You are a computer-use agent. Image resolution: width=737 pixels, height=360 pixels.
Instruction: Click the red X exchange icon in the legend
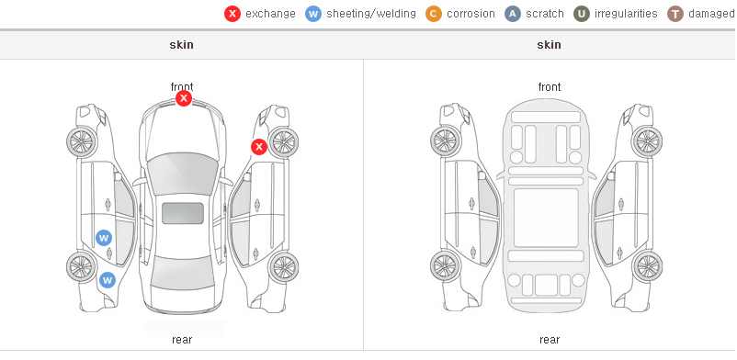(232, 14)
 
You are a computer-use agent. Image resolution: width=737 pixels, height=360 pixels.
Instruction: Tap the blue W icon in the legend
(313, 14)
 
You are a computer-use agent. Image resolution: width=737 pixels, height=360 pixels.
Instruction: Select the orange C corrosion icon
(434, 14)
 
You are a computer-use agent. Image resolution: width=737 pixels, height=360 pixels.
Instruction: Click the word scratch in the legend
(545, 14)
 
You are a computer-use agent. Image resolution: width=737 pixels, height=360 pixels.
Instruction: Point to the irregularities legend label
(626, 14)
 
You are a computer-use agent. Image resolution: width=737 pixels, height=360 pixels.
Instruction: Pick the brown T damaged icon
(675, 14)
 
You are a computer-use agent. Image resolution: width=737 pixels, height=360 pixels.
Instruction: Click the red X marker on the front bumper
(184, 98)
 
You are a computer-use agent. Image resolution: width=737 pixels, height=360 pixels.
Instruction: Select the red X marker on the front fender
(258, 147)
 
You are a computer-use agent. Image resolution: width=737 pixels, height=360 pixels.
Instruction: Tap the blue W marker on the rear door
(104, 237)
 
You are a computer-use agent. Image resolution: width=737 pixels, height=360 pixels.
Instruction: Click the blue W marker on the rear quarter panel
(108, 280)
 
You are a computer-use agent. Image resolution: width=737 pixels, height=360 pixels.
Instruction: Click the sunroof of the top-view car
(183, 213)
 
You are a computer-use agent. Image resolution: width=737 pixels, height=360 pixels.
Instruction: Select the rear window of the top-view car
(182, 273)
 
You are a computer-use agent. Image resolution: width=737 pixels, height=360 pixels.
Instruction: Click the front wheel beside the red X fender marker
(283, 142)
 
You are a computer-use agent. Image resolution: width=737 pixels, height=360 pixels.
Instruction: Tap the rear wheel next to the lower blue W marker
(82, 266)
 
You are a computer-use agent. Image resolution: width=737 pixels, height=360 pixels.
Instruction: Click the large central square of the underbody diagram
(546, 218)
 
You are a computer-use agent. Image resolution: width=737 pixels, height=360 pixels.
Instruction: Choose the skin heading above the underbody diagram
(549, 45)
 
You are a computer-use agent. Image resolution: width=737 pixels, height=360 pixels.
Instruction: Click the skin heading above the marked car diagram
(181, 45)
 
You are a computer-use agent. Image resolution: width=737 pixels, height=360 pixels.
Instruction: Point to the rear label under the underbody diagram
(550, 339)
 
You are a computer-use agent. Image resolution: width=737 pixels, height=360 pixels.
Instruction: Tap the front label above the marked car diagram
(182, 87)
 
